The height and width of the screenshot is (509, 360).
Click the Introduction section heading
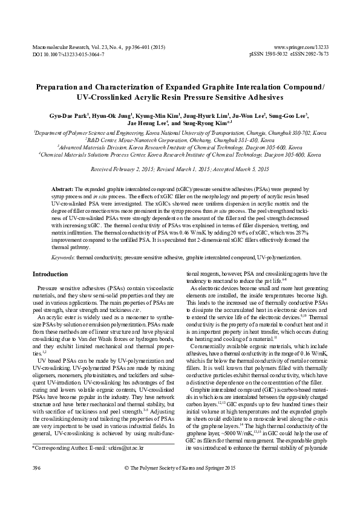[x=50, y=274]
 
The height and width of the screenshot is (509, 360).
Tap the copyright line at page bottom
[x=179, y=485]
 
